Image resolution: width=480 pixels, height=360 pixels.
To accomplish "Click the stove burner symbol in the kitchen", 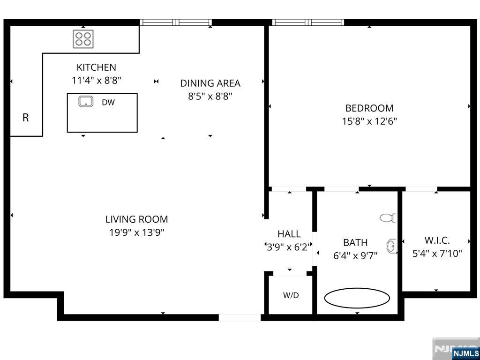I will [x=83, y=39].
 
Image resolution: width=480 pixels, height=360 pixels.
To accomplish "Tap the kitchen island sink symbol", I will [x=85, y=101].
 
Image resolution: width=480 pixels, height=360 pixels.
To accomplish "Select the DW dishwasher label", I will [x=108, y=102].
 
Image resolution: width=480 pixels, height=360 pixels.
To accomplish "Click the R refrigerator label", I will [x=26, y=118].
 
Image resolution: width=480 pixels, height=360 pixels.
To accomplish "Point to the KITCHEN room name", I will [x=96, y=67].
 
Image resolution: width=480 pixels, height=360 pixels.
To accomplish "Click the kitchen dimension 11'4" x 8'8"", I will [x=96, y=80].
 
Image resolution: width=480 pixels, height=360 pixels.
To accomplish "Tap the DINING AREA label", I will [x=210, y=83].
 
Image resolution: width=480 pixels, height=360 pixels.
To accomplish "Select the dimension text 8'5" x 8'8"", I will [x=210, y=97].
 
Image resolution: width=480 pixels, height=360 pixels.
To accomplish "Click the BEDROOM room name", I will [x=369, y=108].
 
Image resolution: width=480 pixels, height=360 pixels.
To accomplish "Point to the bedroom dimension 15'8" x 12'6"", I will [x=369, y=121].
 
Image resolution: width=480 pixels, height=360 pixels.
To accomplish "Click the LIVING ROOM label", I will [x=136, y=219].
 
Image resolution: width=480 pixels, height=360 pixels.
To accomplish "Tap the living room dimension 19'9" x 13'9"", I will [x=136, y=232].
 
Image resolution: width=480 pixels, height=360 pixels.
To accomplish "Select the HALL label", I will [x=289, y=234].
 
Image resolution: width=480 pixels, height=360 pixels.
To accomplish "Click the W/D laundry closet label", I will [x=291, y=296].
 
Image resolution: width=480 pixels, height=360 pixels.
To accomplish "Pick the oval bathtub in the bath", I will [x=357, y=298].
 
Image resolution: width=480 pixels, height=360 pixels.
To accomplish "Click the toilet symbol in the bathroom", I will [x=388, y=218].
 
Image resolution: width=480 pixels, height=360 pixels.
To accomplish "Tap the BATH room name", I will [x=355, y=242].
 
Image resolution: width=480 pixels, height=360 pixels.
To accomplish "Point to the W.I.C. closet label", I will [x=437, y=240].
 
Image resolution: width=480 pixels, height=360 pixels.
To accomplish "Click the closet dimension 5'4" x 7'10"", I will [x=437, y=254].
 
